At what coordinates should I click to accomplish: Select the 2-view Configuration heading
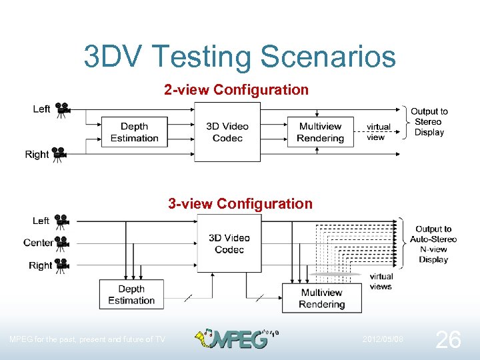237,89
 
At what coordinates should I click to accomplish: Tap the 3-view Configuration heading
240,203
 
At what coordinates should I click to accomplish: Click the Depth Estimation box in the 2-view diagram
134,132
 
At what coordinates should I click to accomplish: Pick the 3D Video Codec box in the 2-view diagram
227,132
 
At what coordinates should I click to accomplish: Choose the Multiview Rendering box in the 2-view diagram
320,132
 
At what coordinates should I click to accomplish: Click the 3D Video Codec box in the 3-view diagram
229,243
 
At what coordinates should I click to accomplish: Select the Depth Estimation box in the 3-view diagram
131,295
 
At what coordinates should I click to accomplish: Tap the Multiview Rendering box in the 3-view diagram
321,298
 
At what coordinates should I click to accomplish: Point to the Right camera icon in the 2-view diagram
59,155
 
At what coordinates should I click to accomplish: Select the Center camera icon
62,243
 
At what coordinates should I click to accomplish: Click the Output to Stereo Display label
429,122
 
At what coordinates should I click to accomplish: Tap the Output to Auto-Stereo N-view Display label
433,244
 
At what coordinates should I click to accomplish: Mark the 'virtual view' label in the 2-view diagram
378,132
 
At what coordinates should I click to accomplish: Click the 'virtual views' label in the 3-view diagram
381,281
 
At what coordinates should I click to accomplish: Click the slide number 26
447,340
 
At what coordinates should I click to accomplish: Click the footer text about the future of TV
87,339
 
